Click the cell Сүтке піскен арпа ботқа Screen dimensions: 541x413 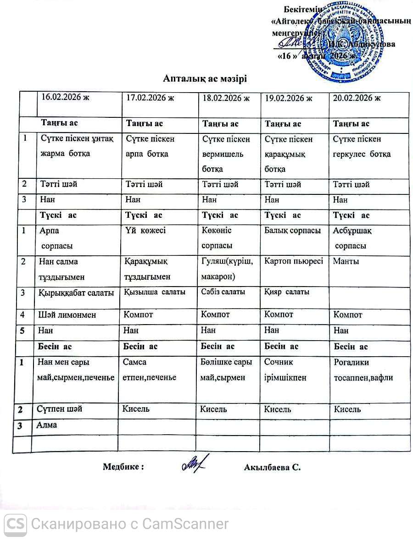[x=147, y=146]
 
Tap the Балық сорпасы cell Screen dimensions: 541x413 [x=292, y=231]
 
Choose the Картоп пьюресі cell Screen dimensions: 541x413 [x=294, y=261]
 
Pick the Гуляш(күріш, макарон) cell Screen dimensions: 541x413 [x=226, y=269]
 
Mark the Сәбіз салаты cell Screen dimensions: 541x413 [x=223, y=292]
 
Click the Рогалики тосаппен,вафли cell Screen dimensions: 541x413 [x=363, y=370]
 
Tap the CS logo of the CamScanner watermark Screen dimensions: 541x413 [x=15, y=523]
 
